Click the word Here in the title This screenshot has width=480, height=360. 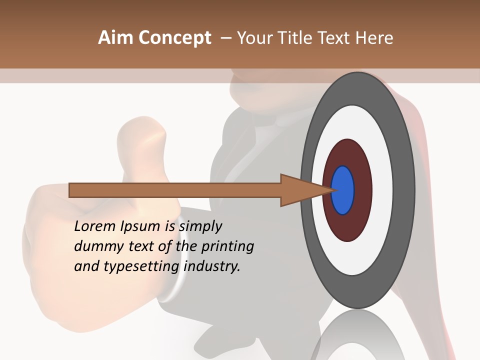point(374,38)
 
